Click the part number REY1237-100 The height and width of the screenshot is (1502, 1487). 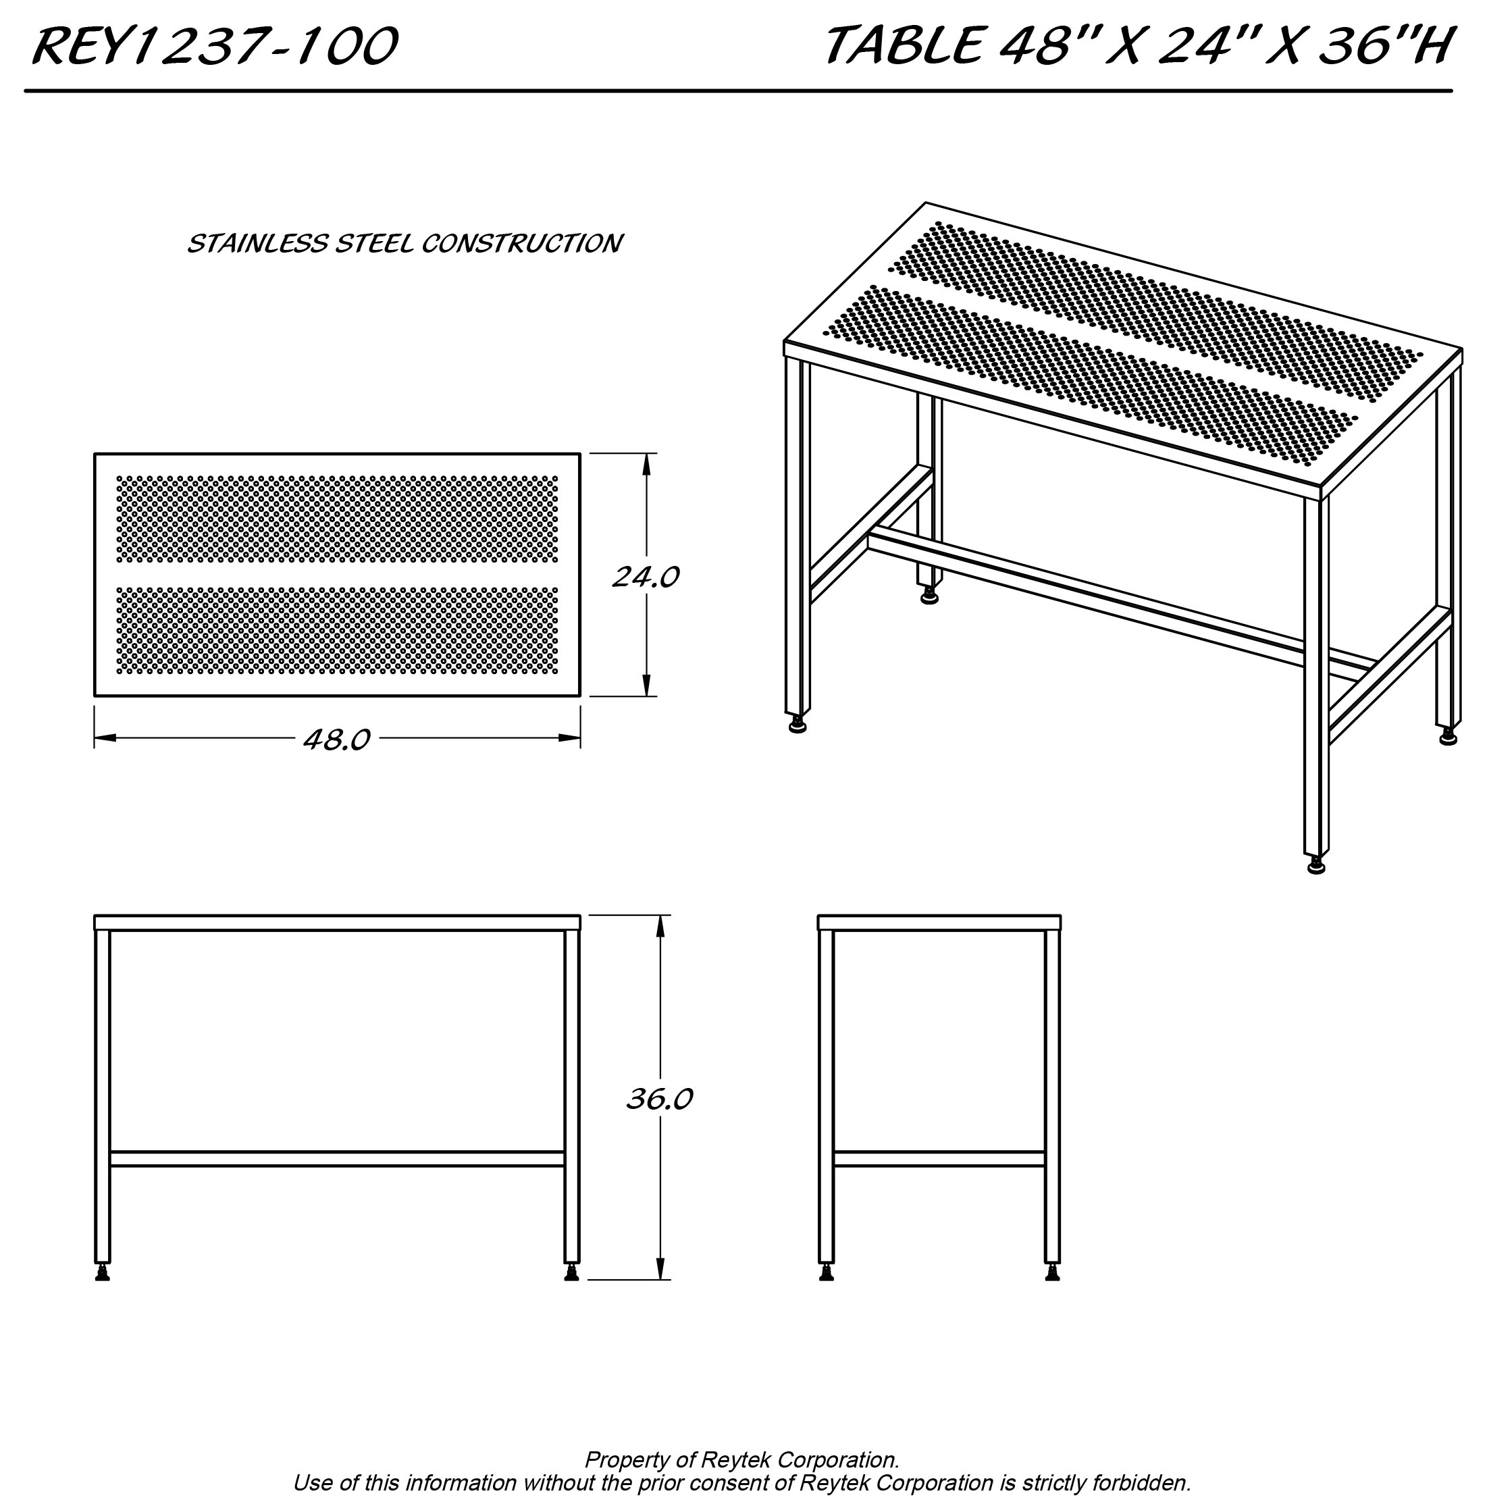click(x=215, y=47)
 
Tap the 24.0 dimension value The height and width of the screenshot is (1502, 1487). click(x=645, y=577)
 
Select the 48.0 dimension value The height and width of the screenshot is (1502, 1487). click(x=336, y=740)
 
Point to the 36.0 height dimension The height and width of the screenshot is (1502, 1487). click(x=659, y=1099)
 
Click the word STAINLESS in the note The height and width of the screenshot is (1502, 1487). click(x=257, y=244)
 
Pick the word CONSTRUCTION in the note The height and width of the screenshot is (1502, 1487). click(x=521, y=244)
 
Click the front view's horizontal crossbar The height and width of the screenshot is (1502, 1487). click(x=336, y=1159)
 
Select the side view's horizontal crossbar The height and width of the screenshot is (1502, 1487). click(x=939, y=1159)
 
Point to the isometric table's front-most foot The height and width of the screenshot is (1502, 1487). click(x=1316, y=866)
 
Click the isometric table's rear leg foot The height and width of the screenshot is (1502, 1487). click(x=929, y=597)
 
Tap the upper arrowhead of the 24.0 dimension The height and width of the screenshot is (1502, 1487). click(x=645, y=463)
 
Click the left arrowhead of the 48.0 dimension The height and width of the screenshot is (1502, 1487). click(x=105, y=737)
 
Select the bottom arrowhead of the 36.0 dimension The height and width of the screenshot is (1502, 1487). click(x=660, y=1269)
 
